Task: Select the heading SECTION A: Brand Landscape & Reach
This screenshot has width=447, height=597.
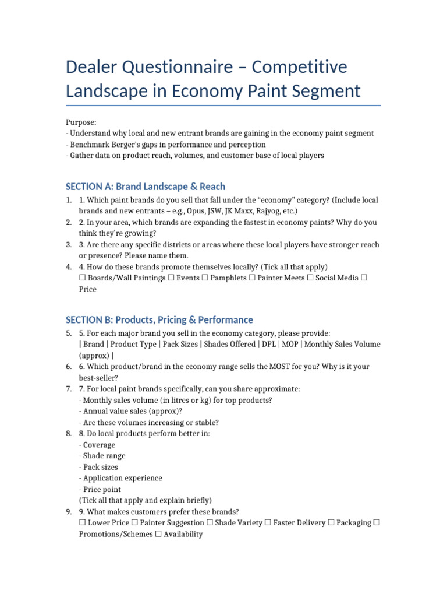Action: [145, 187]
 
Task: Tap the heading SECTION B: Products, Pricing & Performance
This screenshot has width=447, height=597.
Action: [159, 319]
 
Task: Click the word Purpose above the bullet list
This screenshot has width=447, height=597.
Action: [80, 122]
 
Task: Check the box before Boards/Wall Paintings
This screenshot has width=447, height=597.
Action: [82, 278]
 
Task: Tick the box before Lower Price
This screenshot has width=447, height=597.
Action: [82, 523]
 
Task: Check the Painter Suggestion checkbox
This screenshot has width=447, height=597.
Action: [135, 523]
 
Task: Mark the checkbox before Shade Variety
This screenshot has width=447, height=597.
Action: [210, 523]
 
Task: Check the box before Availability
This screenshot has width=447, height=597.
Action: [159, 534]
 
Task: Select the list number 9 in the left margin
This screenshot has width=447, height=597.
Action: [69, 512]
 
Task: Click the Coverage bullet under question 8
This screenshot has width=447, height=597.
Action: [99, 445]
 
